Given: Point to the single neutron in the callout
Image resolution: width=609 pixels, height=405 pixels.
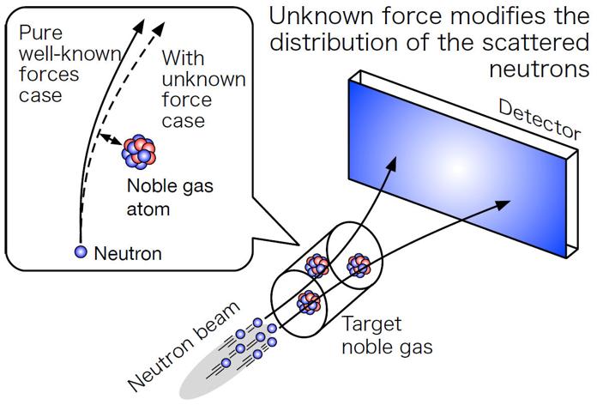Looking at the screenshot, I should tap(81, 252).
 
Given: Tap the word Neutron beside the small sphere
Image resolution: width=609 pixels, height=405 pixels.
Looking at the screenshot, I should tap(127, 253).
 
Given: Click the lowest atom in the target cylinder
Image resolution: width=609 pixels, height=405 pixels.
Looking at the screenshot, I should tap(310, 301).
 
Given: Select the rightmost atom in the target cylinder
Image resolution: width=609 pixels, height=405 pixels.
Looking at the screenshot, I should tap(358, 266).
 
